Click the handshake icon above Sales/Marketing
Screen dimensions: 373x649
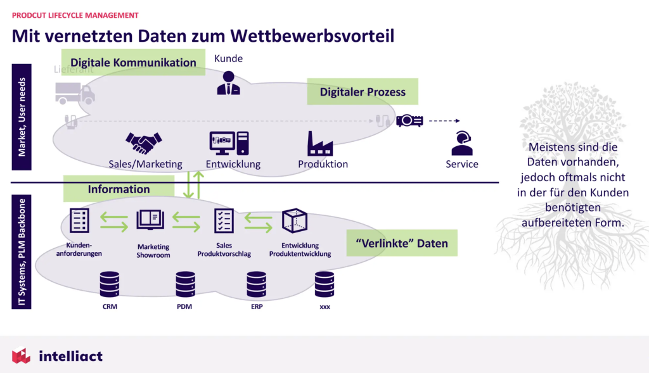[x=143, y=143]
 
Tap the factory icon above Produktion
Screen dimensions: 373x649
[x=319, y=143]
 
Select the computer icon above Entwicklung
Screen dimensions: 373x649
[x=229, y=143]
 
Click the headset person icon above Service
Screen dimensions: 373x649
[x=461, y=143]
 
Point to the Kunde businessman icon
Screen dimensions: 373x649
[x=228, y=83]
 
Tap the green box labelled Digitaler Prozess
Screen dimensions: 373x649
[x=363, y=92]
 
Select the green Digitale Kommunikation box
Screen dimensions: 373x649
[x=133, y=63]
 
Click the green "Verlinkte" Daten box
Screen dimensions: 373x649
[x=402, y=243]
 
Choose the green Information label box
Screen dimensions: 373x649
[x=119, y=189]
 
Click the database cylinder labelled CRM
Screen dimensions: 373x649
[x=110, y=284]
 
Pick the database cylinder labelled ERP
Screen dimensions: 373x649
[x=256, y=284]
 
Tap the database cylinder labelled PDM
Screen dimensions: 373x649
[x=185, y=284]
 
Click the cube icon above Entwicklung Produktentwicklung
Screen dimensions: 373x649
[x=294, y=220]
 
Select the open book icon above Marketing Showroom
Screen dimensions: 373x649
[x=150, y=220]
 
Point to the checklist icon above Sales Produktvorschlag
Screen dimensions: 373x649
[x=224, y=220]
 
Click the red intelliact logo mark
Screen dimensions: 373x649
[x=21, y=356]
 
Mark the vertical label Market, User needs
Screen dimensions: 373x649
[x=21, y=117]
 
